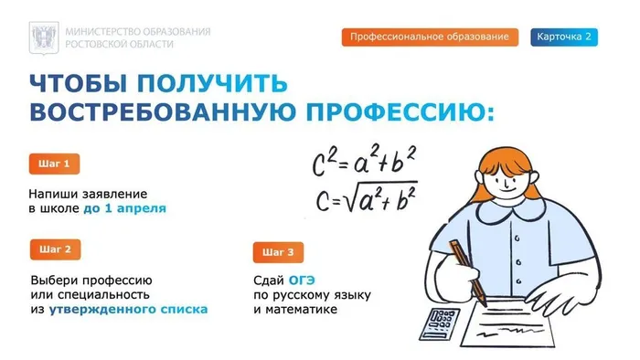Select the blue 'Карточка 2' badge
click(563, 37)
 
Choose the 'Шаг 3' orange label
click(278, 252)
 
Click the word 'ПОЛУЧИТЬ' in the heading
click(211, 83)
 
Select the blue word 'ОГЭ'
click(304, 279)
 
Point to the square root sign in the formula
click(350, 198)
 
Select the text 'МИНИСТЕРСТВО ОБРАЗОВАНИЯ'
click(137, 31)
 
